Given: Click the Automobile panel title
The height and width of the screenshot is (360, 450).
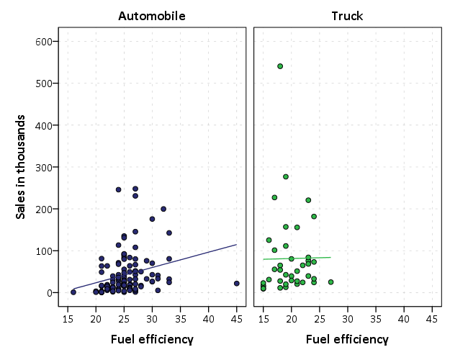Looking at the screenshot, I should click(152, 15).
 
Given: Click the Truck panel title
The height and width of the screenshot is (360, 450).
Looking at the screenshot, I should click(346, 15).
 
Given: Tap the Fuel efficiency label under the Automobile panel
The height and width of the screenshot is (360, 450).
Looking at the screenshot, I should click(152, 339).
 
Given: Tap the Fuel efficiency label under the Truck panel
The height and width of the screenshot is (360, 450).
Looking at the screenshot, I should click(347, 339).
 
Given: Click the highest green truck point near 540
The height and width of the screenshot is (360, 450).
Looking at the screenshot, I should click(280, 66).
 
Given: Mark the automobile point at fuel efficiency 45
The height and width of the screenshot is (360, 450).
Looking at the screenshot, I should click(236, 284).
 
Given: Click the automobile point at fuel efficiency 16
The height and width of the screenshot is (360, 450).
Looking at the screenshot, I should click(73, 292).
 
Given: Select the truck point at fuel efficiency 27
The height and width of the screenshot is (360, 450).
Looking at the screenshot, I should click(330, 282).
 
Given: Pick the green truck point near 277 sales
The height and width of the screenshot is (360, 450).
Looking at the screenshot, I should click(286, 176).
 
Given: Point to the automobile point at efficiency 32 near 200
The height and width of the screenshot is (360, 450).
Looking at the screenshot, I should click(163, 209).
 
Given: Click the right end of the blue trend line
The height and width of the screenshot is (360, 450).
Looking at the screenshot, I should click(236, 245).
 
